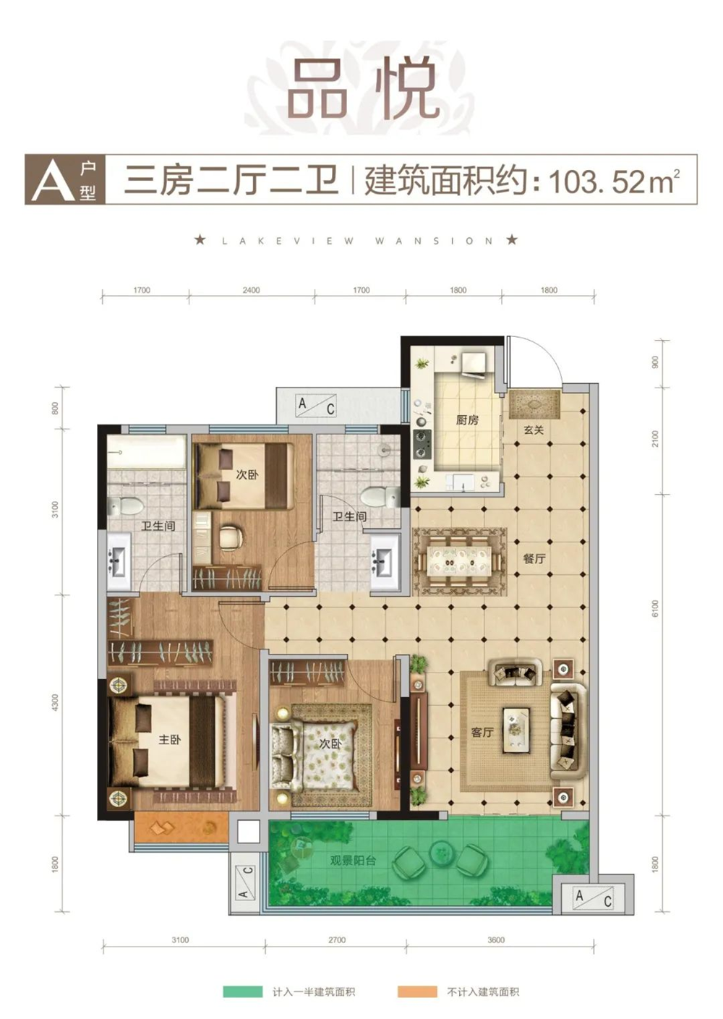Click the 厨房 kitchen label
(467, 419)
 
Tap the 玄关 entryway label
(533, 430)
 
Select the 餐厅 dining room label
(534, 558)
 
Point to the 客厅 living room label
(482, 732)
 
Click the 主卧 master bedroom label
(169, 740)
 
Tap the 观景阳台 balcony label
(353, 861)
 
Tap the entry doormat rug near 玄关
(534, 404)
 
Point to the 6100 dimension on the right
(655, 608)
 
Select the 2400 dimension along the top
(251, 290)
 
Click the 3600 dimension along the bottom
(496, 940)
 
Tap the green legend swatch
(244, 992)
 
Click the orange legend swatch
(417, 992)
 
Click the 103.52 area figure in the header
(596, 182)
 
